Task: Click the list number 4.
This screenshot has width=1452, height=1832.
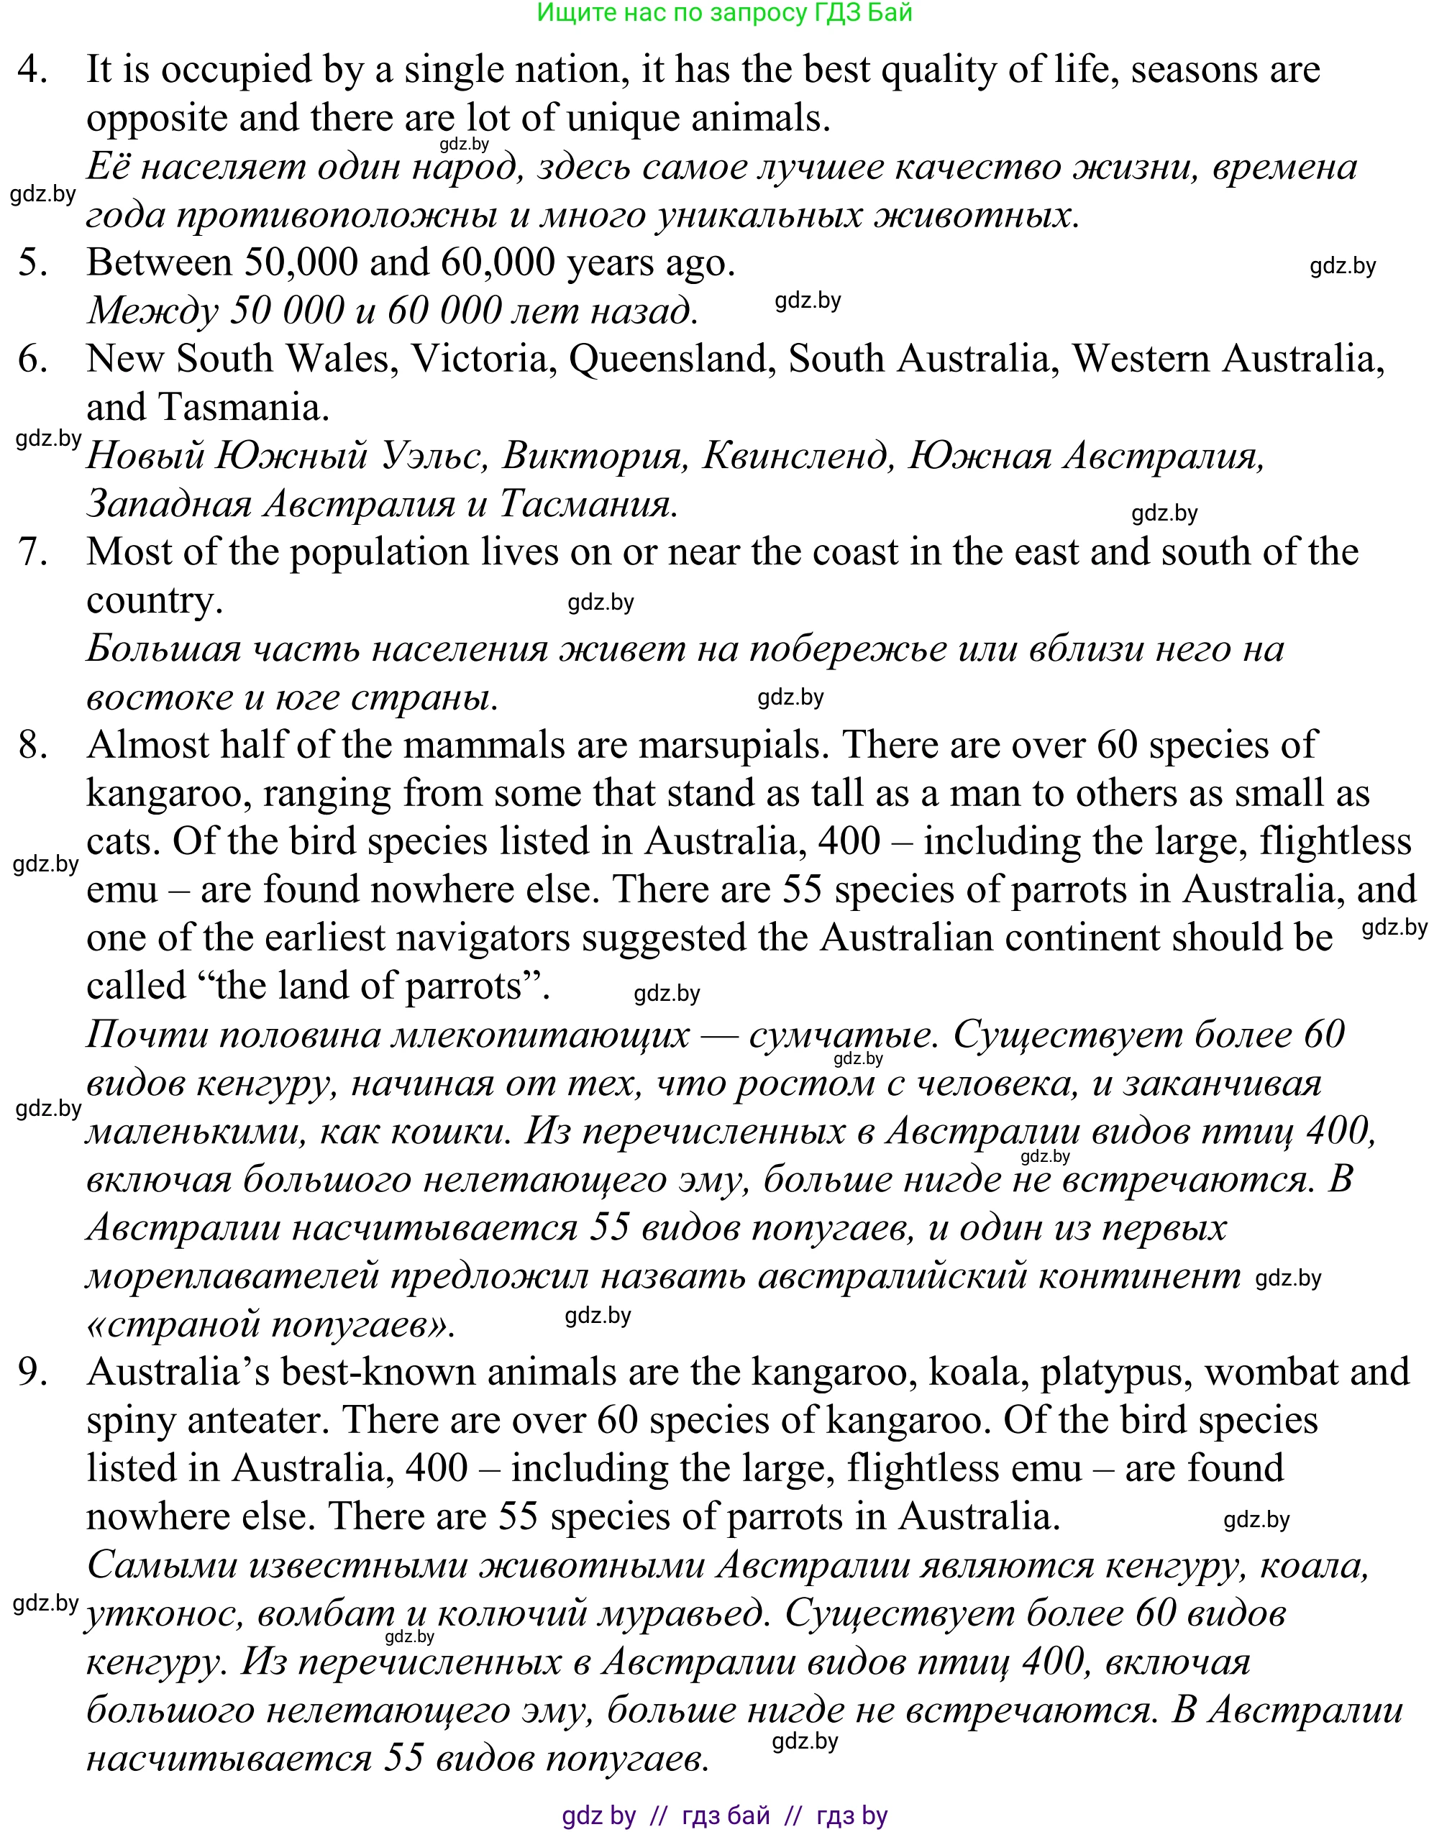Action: (x=32, y=70)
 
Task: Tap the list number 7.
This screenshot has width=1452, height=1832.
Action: (x=32, y=552)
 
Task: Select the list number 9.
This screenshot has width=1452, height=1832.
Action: (x=32, y=1371)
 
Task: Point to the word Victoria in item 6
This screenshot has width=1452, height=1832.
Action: (x=480, y=359)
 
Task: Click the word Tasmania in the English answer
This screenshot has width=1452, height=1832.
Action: (x=243, y=408)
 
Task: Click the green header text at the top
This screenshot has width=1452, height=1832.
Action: (x=724, y=13)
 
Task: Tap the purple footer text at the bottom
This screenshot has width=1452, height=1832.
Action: (x=724, y=1815)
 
